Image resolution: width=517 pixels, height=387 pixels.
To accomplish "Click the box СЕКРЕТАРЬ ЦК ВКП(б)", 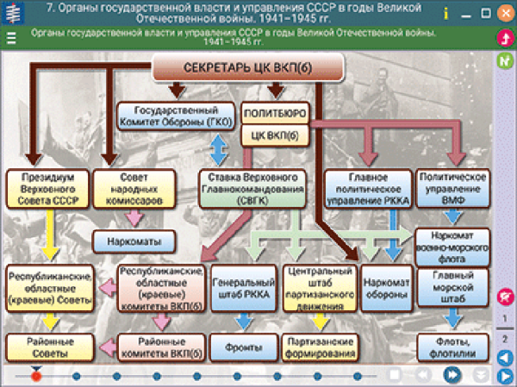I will [x=248, y=68].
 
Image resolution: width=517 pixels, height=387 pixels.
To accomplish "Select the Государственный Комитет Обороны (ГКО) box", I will [x=175, y=116].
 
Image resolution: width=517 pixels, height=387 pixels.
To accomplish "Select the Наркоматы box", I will [x=134, y=240].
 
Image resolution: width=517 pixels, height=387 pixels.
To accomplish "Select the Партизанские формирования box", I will [x=317, y=346].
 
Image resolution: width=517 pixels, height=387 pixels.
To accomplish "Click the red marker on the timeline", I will [x=36, y=375].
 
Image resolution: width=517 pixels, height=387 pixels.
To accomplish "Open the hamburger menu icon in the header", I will [x=11, y=37].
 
